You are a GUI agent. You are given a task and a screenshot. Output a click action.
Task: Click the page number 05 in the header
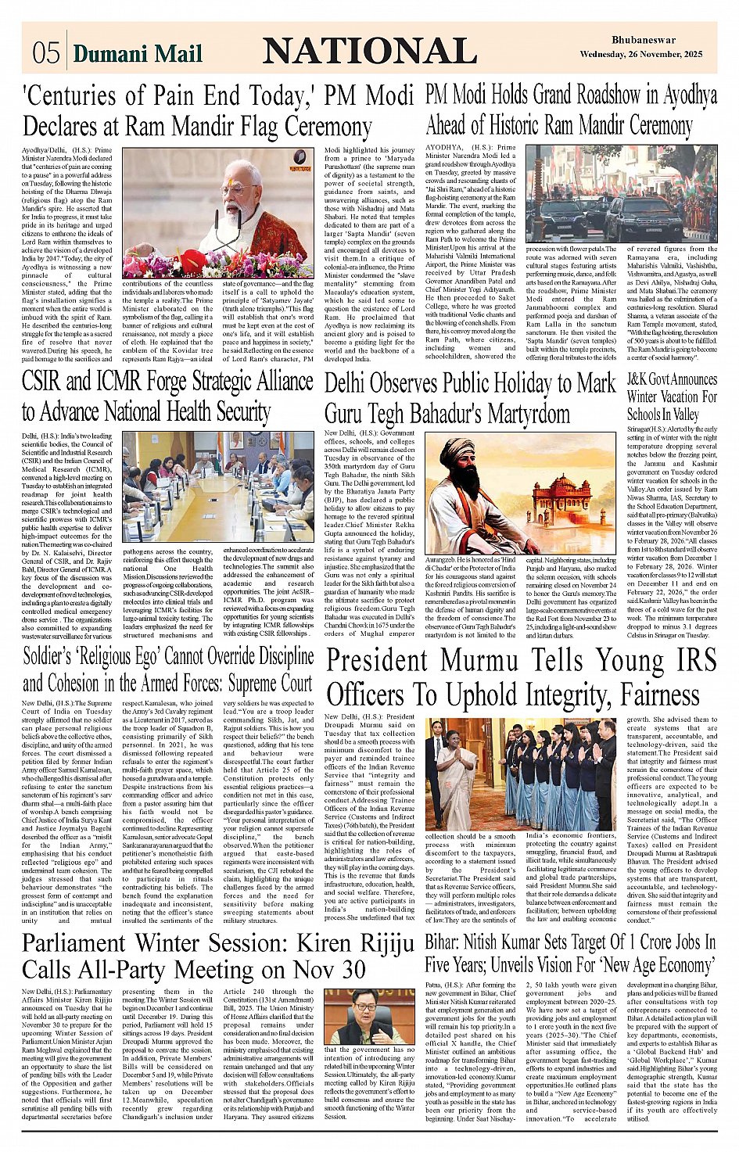pyautogui.click(x=46, y=52)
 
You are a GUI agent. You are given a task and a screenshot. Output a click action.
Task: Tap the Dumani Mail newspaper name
pyautogui.click(x=138, y=53)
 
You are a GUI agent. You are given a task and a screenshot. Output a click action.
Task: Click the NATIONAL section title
pyautogui.click(x=369, y=52)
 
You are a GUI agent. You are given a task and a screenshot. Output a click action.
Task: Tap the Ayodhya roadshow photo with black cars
pyautogui.click(x=621, y=194)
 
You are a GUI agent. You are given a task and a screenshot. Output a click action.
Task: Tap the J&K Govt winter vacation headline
pyautogui.click(x=672, y=397)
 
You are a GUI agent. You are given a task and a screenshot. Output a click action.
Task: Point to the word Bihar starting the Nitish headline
pyautogui.click(x=443, y=942)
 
